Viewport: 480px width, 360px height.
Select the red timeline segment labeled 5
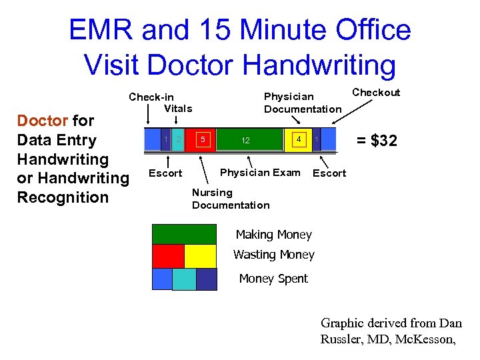pyautogui.click(x=205, y=140)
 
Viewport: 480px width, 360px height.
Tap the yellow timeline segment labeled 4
pyautogui.click(x=301, y=140)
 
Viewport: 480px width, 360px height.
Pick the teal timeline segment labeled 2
pyautogui.click(x=179, y=139)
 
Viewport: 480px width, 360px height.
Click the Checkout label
pyautogui.click(x=376, y=93)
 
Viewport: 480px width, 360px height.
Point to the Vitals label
pyautogui.click(x=178, y=109)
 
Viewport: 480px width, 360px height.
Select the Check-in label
pyautogui.click(x=151, y=97)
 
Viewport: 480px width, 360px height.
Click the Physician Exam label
pyautogui.click(x=260, y=173)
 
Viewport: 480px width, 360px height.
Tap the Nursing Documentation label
pyautogui.click(x=231, y=199)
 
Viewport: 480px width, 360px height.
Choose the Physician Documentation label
pyautogui.click(x=303, y=103)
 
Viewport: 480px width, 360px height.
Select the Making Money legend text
pyautogui.click(x=274, y=235)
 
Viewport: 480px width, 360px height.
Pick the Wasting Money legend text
pyautogui.click(x=274, y=255)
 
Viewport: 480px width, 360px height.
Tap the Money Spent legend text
pyautogui.click(x=273, y=279)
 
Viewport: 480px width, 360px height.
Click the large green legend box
pyautogui.click(x=184, y=235)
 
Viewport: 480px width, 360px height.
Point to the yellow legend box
pyautogui.click(x=200, y=256)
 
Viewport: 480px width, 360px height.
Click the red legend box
pyautogui.click(x=168, y=256)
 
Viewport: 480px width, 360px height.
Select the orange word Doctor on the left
pyautogui.click(x=42, y=121)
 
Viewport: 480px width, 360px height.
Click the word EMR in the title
pyautogui.click(x=105, y=31)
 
